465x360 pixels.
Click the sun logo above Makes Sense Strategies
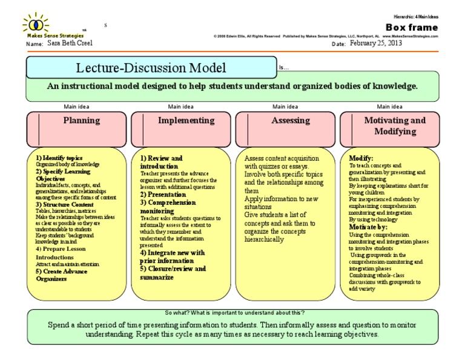tap(36, 25)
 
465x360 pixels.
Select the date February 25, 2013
tap(378, 44)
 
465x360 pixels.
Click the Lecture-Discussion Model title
tap(151, 67)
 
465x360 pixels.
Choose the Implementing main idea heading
tap(186, 121)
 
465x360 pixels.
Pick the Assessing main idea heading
tap(291, 121)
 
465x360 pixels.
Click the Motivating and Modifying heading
tap(395, 125)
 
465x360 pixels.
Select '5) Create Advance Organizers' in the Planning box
tap(61, 275)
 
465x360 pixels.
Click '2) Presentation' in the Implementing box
tap(163, 195)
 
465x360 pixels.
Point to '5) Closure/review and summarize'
tap(173, 273)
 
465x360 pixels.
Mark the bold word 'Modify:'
tap(361, 158)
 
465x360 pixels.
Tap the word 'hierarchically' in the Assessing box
tap(264, 239)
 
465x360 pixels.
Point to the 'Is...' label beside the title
tap(284, 68)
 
